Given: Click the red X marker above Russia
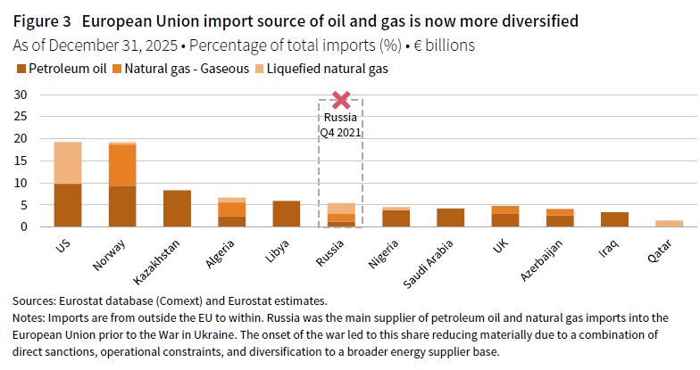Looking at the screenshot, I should tap(339, 102).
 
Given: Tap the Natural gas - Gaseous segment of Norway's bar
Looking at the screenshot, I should tap(121, 165).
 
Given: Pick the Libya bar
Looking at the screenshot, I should tap(286, 214).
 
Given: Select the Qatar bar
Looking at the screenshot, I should tap(669, 224).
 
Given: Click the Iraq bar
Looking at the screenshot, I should tap(613, 219).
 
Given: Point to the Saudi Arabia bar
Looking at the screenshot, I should tap(450, 218).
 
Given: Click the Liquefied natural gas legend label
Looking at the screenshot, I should tap(328, 68).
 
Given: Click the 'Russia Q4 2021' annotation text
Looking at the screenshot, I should tap(339, 124).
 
